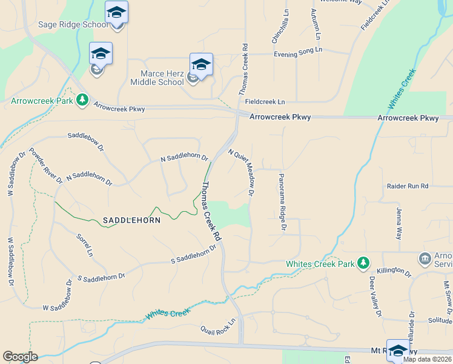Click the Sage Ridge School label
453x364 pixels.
[x=72, y=24]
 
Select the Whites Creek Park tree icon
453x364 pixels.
[x=363, y=263]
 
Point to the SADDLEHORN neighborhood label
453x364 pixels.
[x=131, y=220]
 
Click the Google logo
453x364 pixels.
[x=20, y=357]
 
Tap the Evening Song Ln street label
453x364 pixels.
[x=299, y=53]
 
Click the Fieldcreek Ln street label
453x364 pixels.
[x=264, y=101]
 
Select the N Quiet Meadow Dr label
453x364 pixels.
[x=241, y=173]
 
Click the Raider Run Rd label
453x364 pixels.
[x=407, y=186]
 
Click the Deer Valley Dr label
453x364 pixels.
[x=375, y=297]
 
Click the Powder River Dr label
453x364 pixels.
[x=45, y=165]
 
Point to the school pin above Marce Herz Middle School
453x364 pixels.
[x=201, y=64]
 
